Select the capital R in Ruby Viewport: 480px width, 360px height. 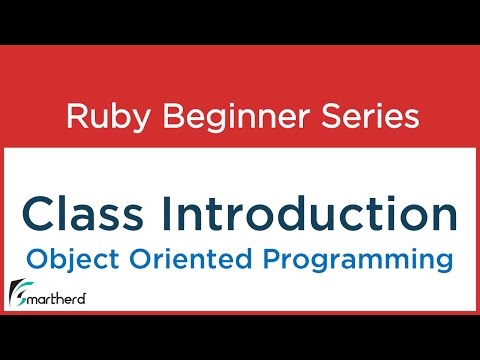point(75,117)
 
